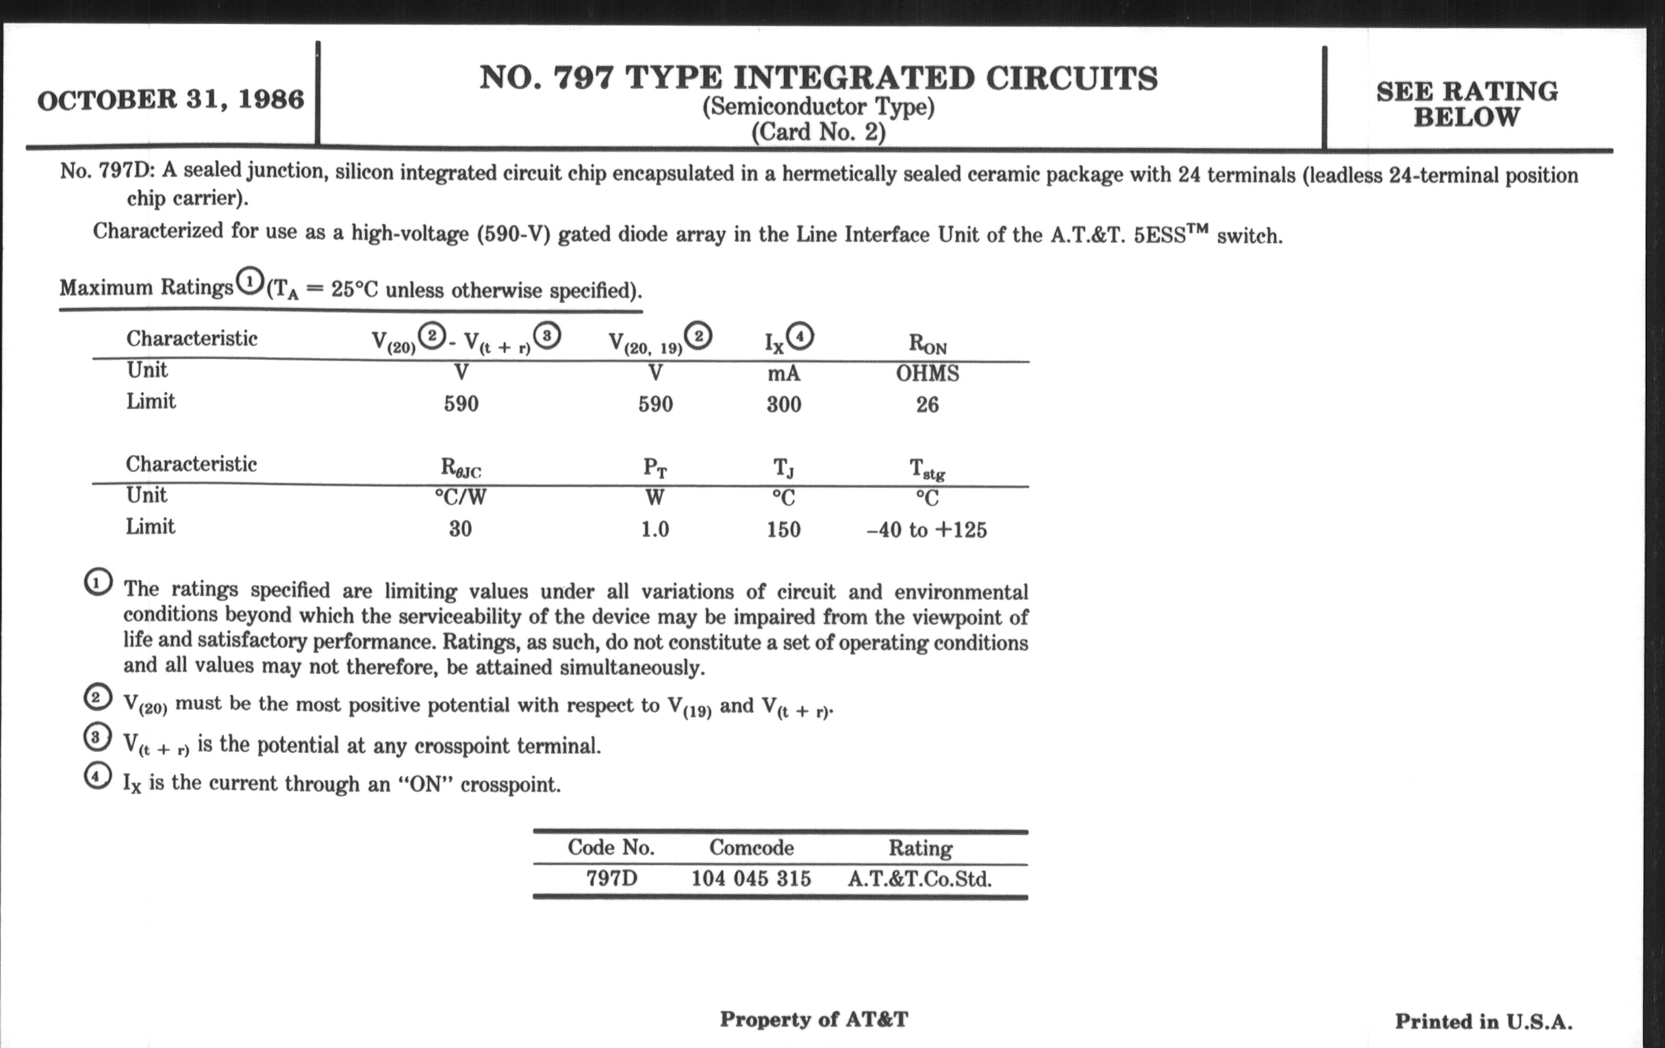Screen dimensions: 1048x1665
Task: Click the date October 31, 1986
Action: [170, 99]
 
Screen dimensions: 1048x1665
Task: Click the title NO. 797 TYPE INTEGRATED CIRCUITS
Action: [818, 77]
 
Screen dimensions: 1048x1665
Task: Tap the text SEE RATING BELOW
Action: [1466, 103]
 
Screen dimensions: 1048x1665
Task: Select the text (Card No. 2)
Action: [818, 132]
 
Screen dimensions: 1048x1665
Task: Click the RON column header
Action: [927, 343]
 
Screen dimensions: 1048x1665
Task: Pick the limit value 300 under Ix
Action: [783, 404]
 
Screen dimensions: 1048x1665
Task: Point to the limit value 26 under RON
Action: [927, 404]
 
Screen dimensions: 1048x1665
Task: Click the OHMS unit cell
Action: [927, 373]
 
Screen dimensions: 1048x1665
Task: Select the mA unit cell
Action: [783, 373]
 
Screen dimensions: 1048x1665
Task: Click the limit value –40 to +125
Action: [926, 530]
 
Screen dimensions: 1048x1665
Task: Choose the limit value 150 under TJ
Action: [783, 530]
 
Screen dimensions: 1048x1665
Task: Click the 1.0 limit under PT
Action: [654, 530]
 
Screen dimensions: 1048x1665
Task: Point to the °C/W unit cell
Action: [460, 497]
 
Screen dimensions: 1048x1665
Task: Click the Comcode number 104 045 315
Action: [751, 879]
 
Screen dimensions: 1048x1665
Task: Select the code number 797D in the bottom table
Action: [611, 879]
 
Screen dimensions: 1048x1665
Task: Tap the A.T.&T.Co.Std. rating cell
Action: [919, 879]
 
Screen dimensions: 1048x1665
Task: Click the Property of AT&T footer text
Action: [813, 1019]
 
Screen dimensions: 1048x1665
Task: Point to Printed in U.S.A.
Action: [1483, 1021]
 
